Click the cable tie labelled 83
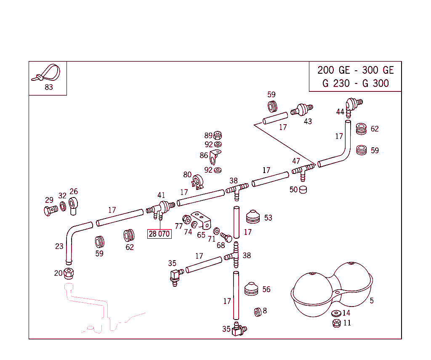coord(47,73)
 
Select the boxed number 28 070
coord(159,234)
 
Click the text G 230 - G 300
coord(356,83)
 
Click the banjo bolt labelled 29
coord(50,210)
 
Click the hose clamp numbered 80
coord(197,182)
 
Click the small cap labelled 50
coord(303,189)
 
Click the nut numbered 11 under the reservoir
coord(336,323)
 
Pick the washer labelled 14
coord(336,314)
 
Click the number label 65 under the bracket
coord(201,235)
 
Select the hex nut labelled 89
coord(218,135)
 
